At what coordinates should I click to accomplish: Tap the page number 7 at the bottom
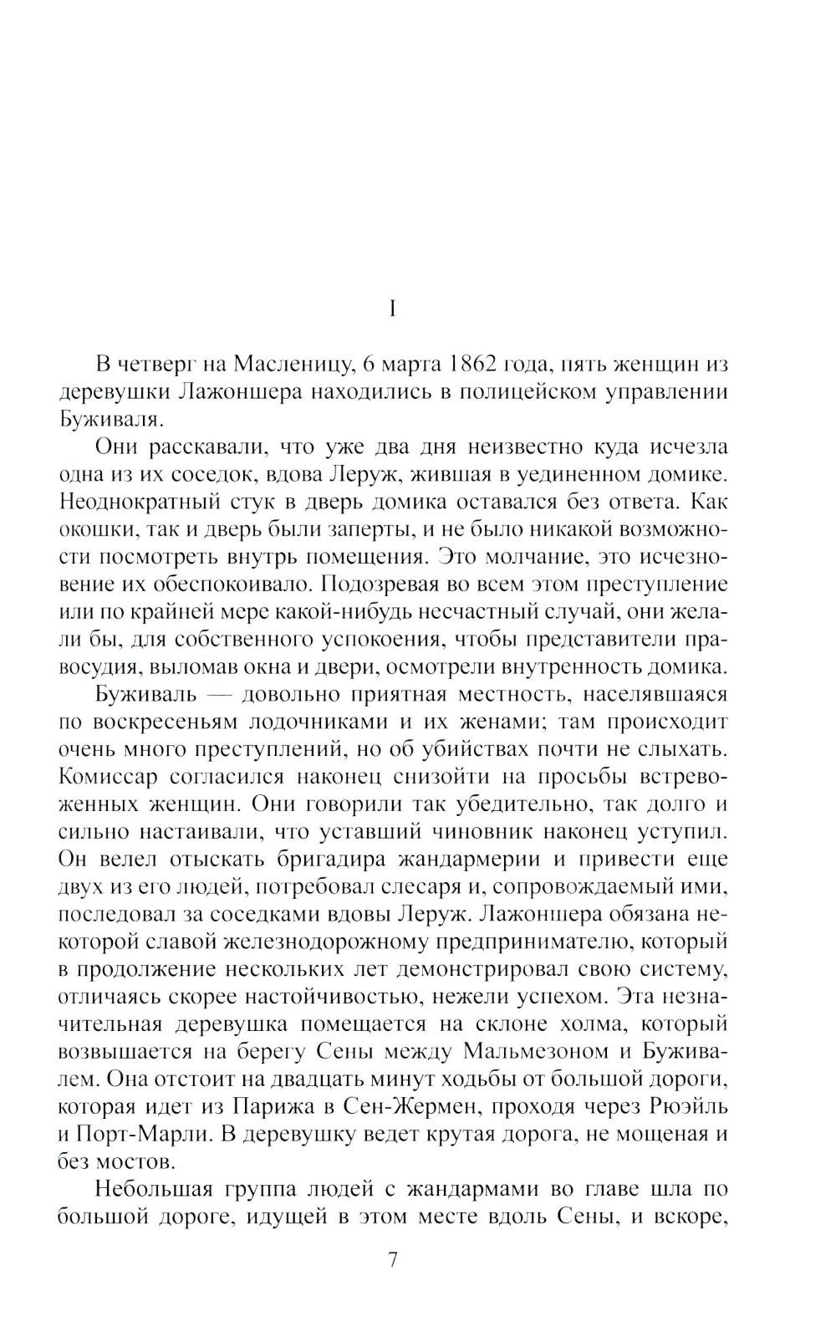(x=393, y=1260)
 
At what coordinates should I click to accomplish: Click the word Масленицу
(x=293, y=365)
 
